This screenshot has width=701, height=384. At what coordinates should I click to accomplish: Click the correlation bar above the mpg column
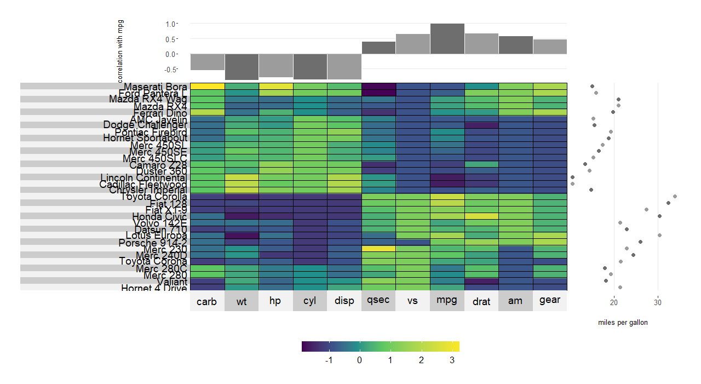click(447, 39)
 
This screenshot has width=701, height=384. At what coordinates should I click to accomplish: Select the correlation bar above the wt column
click(242, 67)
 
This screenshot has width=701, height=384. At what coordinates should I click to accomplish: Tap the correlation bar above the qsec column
click(378, 48)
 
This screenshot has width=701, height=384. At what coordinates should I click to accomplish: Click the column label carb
click(206, 301)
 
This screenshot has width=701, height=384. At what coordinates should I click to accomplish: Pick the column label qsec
click(378, 301)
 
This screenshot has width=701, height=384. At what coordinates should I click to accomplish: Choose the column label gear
click(549, 301)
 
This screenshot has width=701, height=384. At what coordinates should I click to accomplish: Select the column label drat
click(481, 301)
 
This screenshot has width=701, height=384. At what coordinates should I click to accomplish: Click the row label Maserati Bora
click(156, 87)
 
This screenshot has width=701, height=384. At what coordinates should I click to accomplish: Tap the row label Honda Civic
click(159, 217)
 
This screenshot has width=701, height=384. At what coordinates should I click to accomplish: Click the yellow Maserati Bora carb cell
click(206, 86)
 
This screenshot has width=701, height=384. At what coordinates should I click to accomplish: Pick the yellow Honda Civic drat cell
click(481, 216)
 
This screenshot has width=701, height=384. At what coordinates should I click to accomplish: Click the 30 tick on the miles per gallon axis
click(658, 302)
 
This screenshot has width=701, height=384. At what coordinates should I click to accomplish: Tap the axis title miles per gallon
click(623, 323)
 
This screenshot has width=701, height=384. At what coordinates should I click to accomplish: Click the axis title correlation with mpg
click(120, 50)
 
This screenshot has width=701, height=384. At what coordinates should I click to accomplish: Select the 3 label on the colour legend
click(452, 360)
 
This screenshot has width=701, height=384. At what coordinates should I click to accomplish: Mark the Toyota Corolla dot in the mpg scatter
click(675, 196)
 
